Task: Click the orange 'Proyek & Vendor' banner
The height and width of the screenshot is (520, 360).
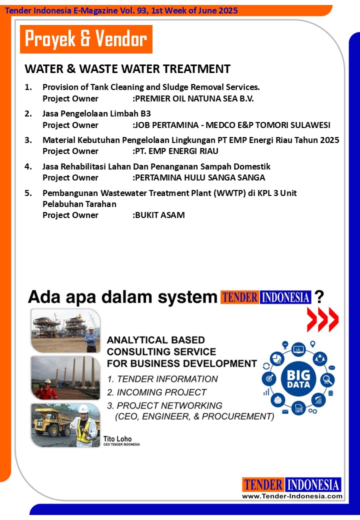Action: (x=86, y=39)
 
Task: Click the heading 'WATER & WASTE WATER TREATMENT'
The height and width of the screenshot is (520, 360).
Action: (x=127, y=69)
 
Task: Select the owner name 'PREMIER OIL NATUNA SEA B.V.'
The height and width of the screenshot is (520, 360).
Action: (x=194, y=98)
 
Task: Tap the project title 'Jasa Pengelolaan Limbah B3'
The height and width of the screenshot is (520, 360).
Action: (x=96, y=113)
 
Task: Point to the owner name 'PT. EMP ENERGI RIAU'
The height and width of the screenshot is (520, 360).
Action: (x=176, y=151)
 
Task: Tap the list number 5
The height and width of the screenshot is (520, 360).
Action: (x=28, y=192)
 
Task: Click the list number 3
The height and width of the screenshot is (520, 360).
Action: (x=28, y=140)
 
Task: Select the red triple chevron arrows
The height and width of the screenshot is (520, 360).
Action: (x=322, y=319)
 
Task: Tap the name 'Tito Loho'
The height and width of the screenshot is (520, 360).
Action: (x=117, y=439)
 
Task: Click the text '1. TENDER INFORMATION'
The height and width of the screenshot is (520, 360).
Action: (x=162, y=379)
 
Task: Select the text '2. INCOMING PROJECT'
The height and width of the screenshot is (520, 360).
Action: (x=156, y=392)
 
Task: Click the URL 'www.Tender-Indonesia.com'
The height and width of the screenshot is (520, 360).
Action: (x=292, y=496)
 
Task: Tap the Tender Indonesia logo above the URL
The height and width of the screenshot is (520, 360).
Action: (x=292, y=484)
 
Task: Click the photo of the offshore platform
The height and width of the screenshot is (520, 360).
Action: (x=65, y=330)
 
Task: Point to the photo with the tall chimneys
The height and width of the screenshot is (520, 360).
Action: (x=65, y=377)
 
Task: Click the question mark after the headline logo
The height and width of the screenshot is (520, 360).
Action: (x=320, y=297)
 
